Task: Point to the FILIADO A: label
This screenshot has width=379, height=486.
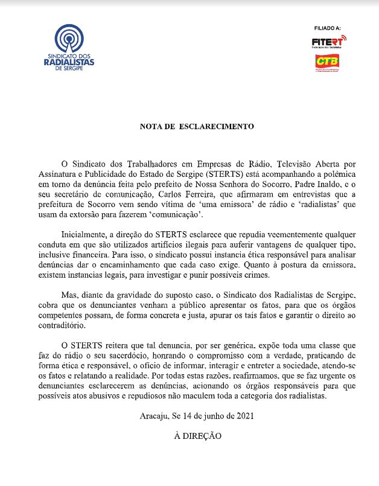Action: (x=328, y=28)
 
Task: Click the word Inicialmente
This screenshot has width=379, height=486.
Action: (x=85, y=235)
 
